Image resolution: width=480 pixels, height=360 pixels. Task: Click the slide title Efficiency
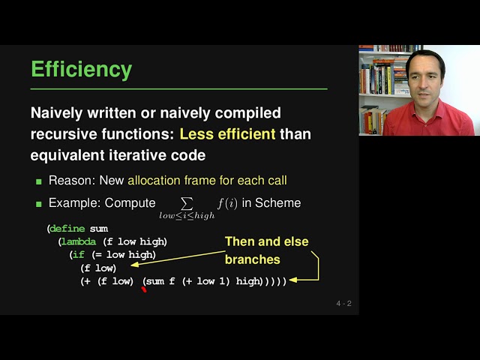click(81, 70)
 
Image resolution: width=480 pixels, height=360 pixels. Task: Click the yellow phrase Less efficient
click(228, 135)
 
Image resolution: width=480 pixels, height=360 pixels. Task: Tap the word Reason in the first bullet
click(70, 181)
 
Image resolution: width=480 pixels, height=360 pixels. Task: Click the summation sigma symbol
click(187, 202)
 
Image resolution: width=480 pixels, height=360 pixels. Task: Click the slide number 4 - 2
click(343, 304)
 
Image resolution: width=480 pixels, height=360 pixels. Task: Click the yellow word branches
click(253, 259)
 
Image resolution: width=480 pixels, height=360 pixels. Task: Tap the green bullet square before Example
click(39, 204)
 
